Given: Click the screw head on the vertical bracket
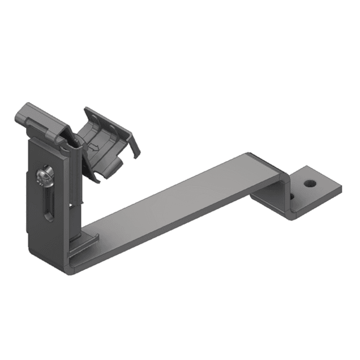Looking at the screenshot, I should click(42, 178).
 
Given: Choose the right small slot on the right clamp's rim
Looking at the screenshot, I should click(113, 126).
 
